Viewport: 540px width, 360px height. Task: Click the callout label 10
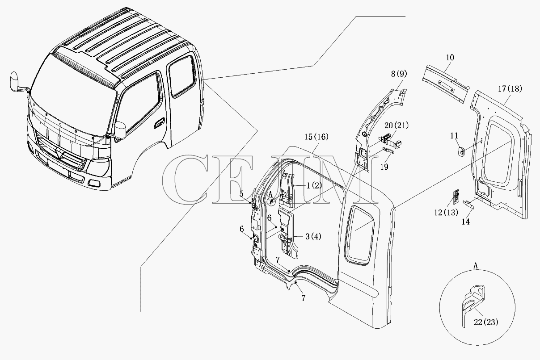pos(450,58)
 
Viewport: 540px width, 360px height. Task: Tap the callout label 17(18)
pos(510,88)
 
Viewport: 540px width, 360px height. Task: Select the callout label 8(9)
pos(399,74)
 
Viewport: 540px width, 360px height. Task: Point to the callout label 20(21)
pos(397,126)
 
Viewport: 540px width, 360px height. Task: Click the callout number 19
pos(384,167)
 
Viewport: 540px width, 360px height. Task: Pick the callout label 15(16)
pos(316,137)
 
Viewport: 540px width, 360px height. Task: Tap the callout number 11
pos(454,136)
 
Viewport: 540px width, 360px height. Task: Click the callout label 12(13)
pos(446,213)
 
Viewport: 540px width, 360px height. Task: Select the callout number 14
pos(465,222)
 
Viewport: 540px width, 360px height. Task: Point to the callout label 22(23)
pos(486,322)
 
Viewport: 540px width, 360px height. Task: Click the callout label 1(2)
pos(314,185)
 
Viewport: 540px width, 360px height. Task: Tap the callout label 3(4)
pos(313,236)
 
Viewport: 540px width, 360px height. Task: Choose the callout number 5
pos(241,194)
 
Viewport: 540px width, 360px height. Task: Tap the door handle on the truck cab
pos(159,123)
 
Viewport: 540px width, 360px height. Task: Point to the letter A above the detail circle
pos(476,266)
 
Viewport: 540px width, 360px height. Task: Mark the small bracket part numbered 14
pos(468,205)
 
